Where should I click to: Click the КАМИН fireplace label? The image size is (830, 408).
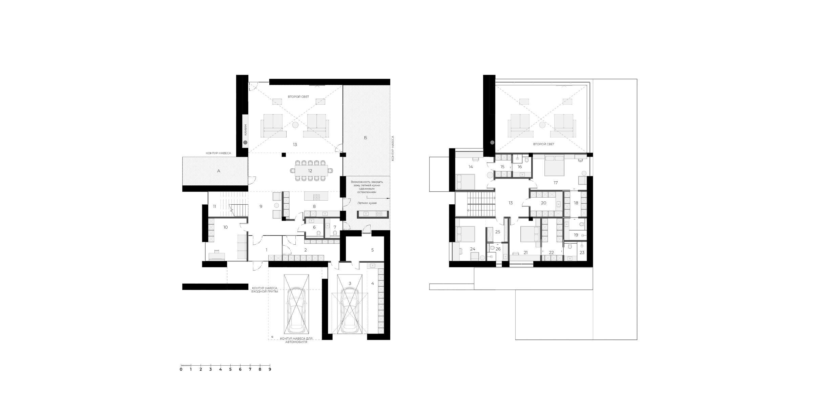(x=246, y=130)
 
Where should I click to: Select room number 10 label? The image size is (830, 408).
(x=226, y=227)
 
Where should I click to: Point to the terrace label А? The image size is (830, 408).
(x=219, y=171)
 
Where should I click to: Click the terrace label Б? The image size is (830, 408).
(x=366, y=138)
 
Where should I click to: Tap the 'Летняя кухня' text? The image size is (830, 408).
(x=367, y=203)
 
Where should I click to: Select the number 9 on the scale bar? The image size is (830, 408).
(x=270, y=369)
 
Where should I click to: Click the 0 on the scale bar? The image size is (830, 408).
(x=181, y=369)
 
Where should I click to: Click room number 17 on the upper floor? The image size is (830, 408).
(x=556, y=183)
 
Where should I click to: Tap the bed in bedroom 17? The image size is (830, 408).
(x=555, y=165)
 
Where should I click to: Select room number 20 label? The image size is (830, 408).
(x=543, y=203)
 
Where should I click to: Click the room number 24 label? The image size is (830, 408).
(x=473, y=249)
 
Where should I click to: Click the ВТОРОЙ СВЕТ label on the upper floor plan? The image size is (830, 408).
(x=544, y=144)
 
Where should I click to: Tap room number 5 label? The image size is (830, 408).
(x=372, y=250)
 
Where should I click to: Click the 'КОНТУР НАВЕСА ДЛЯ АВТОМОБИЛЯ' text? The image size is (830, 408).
(x=296, y=340)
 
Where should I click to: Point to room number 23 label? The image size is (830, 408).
(x=582, y=252)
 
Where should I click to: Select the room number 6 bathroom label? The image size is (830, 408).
(x=314, y=227)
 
